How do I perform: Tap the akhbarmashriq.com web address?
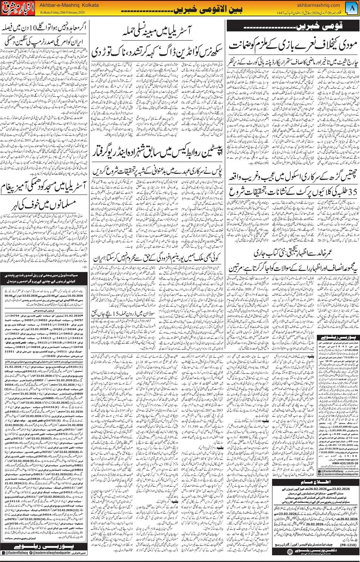point(318,5)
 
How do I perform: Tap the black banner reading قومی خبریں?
point(292,27)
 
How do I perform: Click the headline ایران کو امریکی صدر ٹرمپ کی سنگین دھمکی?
point(44,40)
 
